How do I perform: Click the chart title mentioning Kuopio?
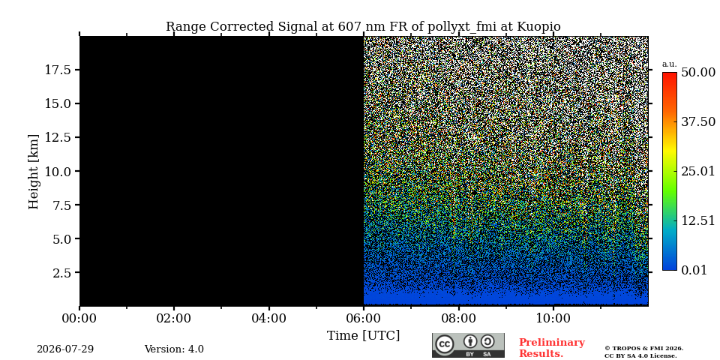(x=363, y=27)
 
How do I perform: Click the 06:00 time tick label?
(x=364, y=318)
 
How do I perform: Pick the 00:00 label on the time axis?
(x=80, y=318)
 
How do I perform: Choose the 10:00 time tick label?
(x=553, y=318)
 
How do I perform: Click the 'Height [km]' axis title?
(x=34, y=171)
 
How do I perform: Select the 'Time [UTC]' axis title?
(x=363, y=336)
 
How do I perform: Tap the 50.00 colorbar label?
(x=698, y=73)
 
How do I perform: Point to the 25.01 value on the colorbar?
(x=698, y=171)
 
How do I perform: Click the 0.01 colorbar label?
(x=694, y=270)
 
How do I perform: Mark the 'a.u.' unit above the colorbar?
(x=670, y=64)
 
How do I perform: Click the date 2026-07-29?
(x=65, y=349)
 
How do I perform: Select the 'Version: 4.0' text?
(x=174, y=349)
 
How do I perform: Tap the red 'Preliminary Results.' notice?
(x=552, y=348)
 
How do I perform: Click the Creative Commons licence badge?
(x=468, y=345)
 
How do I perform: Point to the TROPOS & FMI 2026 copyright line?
(x=643, y=349)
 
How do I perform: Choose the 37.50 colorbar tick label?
(x=698, y=122)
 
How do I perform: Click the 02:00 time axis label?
(x=175, y=318)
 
